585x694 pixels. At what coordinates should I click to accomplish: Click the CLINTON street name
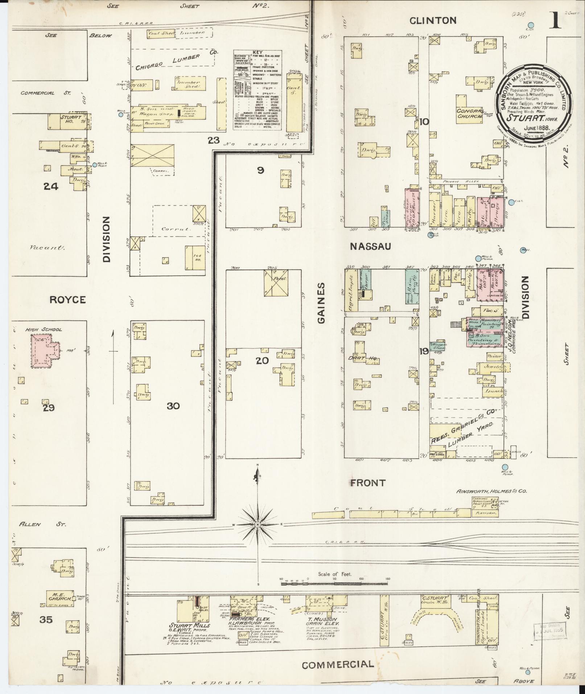tap(433, 21)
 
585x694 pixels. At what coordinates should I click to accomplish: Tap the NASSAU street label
tap(370, 246)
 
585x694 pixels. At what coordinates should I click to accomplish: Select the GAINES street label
tap(321, 303)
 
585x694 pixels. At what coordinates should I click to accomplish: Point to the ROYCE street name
tap(67, 300)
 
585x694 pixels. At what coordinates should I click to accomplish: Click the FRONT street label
tap(367, 483)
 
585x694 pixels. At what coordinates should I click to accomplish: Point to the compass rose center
tap(258, 525)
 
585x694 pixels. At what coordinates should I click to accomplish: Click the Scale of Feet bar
tap(334, 584)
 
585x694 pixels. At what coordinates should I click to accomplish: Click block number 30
tap(173, 406)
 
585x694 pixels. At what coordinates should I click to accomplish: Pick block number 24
tap(51, 186)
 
